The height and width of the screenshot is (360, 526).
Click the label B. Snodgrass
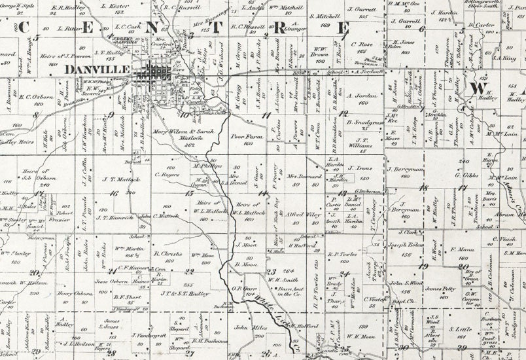(x=364, y=122)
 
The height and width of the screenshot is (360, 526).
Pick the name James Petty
(x=440, y=288)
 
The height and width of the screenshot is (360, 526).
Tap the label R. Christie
(x=167, y=252)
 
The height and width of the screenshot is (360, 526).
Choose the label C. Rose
(x=362, y=45)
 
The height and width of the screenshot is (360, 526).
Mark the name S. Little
(x=464, y=330)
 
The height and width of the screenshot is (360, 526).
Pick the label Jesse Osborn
(x=111, y=282)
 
